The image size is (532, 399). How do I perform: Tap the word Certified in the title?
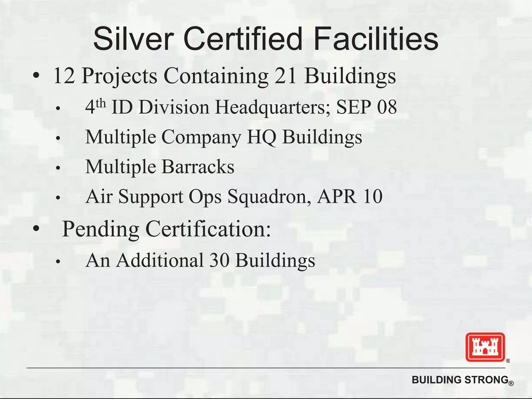pyautogui.click(x=243, y=39)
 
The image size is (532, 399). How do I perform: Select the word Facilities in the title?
pyautogui.click(x=376, y=39)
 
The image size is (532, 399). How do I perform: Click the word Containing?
pyautogui.click(x=216, y=76)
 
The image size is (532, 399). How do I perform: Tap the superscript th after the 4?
pyautogui.click(x=101, y=104)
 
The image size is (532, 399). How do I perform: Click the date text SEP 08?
pyautogui.click(x=367, y=107)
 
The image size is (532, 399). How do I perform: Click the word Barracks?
pyautogui.click(x=198, y=167)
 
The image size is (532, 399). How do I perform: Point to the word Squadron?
pyautogui.click(x=269, y=197)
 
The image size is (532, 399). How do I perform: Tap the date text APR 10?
pyautogui.click(x=350, y=196)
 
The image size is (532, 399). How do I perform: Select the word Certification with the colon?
pyautogui.click(x=208, y=229)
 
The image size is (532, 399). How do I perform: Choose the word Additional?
pyautogui.click(x=160, y=260)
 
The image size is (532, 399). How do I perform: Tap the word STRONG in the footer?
pyautogui.click(x=486, y=380)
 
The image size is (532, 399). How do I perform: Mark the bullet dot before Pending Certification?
pyautogui.click(x=36, y=229)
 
